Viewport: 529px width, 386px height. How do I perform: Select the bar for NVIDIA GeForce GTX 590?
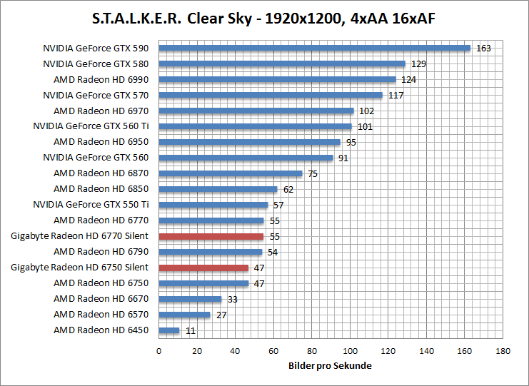click(x=314, y=49)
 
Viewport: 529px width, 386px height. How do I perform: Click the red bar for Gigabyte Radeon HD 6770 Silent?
click(x=211, y=236)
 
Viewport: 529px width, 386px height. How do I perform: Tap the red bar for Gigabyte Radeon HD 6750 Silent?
click(x=203, y=268)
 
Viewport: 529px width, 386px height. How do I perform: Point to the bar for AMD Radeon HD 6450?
click(x=168, y=330)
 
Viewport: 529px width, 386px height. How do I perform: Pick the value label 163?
click(x=483, y=49)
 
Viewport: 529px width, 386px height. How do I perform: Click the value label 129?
click(x=418, y=64)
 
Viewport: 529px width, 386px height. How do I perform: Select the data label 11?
click(x=189, y=330)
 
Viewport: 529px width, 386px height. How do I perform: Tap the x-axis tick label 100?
click(x=350, y=351)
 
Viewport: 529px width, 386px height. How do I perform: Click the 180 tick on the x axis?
click(x=503, y=351)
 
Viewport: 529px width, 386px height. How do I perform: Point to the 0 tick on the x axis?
click(x=158, y=351)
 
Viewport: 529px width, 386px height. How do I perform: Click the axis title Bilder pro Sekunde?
click(x=331, y=365)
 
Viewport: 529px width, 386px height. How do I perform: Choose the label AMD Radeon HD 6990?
click(x=101, y=79)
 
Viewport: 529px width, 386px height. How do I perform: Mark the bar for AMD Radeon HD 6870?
click(x=230, y=173)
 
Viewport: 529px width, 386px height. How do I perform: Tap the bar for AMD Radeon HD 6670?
click(x=190, y=299)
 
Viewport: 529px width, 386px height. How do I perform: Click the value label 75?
click(x=313, y=173)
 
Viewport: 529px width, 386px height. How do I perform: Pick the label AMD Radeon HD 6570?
click(x=101, y=315)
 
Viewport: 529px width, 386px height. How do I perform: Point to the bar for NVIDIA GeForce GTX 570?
click(x=271, y=95)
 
